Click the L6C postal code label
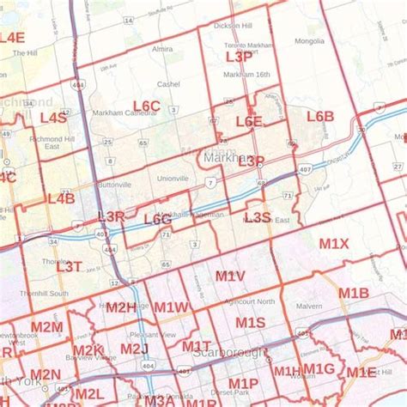(x=148, y=106)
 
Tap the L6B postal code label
(x=319, y=116)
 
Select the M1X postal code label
(x=334, y=244)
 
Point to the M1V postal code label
(x=230, y=276)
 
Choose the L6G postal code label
(x=157, y=220)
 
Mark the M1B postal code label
(x=353, y=294)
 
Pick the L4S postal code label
(x=53, y=117)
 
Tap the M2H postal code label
(x=121, y=307)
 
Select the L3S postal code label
(x=258, y=217)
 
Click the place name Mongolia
(x=309, y=40)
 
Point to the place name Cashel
(x=168, y=84)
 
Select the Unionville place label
(x=173, y=179)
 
